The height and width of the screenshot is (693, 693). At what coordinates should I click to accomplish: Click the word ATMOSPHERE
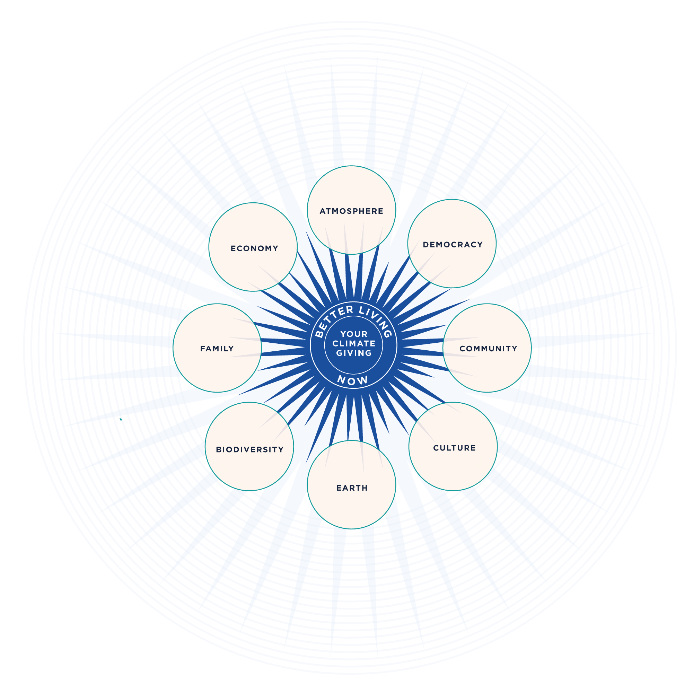click(351, 211)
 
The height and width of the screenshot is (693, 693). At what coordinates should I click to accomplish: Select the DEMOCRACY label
click(453, 245)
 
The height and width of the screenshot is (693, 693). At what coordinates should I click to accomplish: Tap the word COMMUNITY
click(488, 349)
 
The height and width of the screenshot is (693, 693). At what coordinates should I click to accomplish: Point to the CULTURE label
click(454, 448)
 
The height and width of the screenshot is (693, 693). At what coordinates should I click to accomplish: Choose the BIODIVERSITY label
click(249, 449)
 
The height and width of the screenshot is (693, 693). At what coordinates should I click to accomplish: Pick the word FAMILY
click(217, 349)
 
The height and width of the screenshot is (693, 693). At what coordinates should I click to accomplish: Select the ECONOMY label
click(254, 248)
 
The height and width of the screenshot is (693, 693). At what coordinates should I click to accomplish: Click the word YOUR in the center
click(354, 334)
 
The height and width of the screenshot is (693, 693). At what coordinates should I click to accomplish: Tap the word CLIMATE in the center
click(354, 344)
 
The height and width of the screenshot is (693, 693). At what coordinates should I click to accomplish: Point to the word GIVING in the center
click(354, 353)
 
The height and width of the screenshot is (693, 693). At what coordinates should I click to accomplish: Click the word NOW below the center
click(353, 380)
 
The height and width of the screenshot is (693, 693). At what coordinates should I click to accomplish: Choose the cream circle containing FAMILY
click(217, 369)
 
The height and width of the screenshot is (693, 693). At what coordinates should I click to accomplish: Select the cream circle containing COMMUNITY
click(487, 369)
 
